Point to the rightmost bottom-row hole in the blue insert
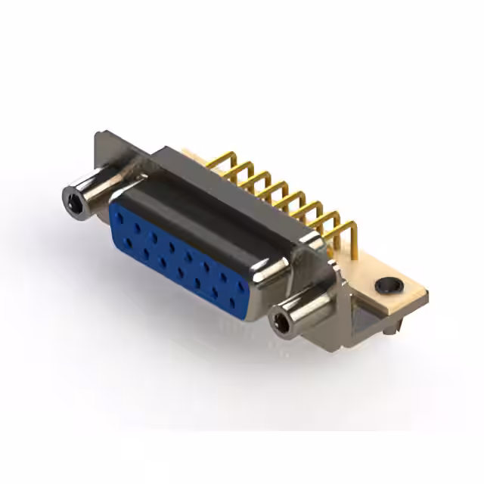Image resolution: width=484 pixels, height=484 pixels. pos(232,302)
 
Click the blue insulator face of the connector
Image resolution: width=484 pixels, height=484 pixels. pos(181,257)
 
